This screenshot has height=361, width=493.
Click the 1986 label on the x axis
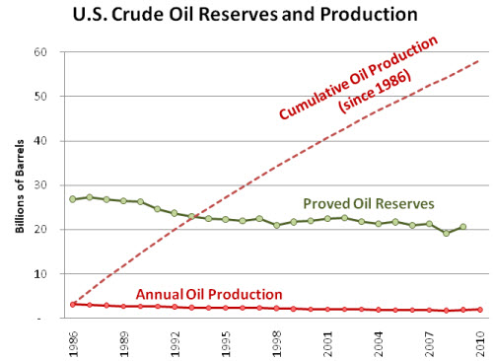tap(73, 340)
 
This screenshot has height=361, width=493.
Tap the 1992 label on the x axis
tap(176, 340)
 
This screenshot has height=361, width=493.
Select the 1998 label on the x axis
tap(277, 340)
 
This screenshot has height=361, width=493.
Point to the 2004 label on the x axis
tap(379, 340)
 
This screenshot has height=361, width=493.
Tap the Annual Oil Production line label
tap(209, 294)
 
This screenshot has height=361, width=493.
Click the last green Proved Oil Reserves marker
tap(463, 227)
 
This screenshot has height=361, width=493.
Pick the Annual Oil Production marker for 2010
tap(480, 310)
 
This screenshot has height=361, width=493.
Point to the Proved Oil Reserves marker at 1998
tap(277, 225)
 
